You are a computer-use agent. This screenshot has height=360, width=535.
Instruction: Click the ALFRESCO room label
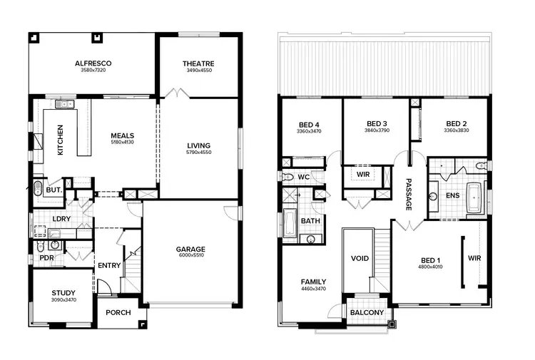(93, 63)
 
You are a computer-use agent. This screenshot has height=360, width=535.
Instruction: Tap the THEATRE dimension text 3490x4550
(198, 71)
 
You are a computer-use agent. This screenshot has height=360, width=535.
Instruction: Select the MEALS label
(122, 135)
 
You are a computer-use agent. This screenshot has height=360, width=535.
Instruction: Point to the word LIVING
(198, 145)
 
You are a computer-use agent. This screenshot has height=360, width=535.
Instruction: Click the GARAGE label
(190, 249)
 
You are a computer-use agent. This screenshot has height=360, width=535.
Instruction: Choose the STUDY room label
(63, 293)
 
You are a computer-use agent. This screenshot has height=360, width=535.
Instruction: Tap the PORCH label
(117, 312)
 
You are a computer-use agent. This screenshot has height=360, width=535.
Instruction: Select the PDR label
(47, 257)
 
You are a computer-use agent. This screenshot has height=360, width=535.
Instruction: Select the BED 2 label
(456, 123)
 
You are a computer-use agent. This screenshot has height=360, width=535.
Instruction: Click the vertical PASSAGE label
(409, 194)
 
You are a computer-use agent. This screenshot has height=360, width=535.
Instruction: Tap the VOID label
(360, 258)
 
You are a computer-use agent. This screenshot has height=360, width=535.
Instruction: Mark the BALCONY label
(367, 312)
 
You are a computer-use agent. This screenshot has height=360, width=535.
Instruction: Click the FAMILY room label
(313, 282)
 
